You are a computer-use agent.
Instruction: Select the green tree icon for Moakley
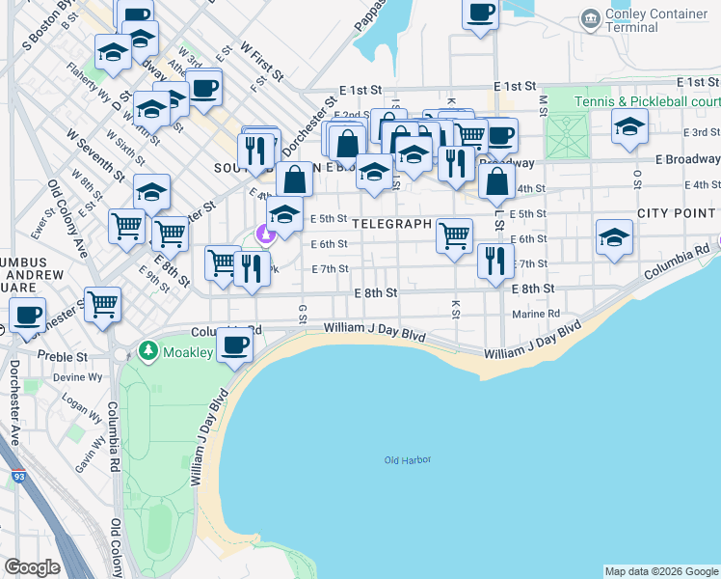147,348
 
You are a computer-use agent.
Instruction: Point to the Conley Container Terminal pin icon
589,17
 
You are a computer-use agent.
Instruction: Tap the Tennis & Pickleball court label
647,102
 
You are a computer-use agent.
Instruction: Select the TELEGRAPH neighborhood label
390,224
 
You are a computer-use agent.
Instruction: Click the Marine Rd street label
537,314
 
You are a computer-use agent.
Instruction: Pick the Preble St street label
62,356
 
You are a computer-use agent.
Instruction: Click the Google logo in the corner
32,567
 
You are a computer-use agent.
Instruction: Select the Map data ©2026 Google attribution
660,571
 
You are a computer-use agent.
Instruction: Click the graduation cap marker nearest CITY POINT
614,237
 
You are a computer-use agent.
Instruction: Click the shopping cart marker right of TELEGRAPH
453,234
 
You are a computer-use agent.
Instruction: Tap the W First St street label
261,60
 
